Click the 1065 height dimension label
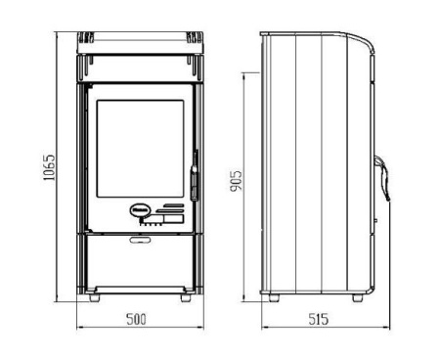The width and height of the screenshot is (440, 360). click(49, 167)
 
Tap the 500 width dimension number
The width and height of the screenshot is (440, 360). click(137, 319)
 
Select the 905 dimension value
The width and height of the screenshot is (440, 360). click(237, 181)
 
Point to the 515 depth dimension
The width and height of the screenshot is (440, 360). click(319, 319)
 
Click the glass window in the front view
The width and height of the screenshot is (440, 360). click(140, 149)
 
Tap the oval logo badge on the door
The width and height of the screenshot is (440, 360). click(141, 209)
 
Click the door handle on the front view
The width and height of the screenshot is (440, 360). click(195, 175)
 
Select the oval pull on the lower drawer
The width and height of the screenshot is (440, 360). click(140, 240)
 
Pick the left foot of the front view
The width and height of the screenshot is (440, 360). click(94, 298)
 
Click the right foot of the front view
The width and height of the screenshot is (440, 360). click(186, 298)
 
